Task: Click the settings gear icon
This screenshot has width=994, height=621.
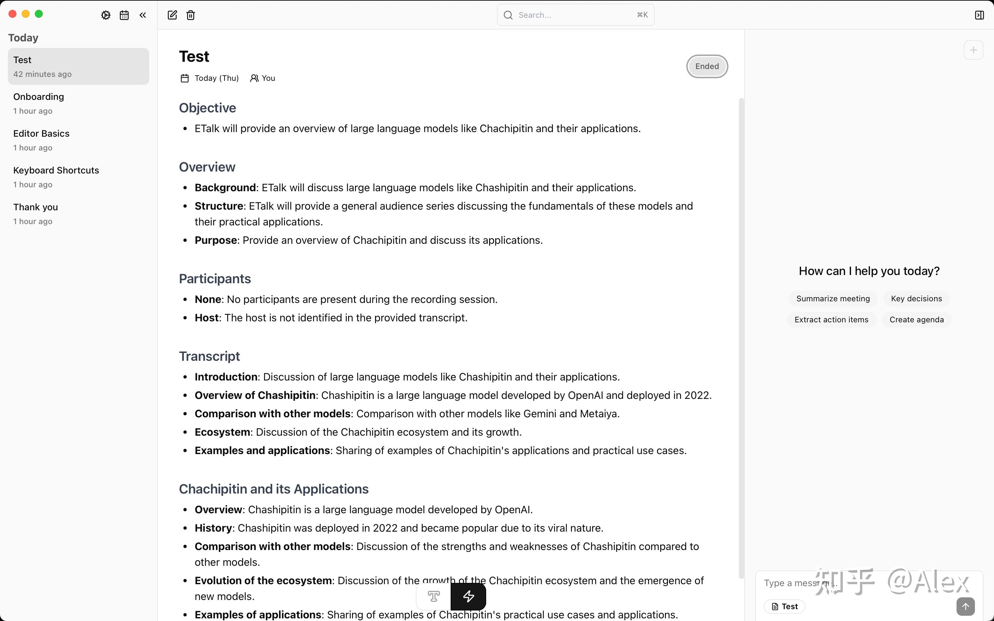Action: (106, 15)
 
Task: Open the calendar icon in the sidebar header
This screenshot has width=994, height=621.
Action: (124, 15)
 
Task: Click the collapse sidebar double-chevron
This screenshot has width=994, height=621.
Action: (143, 15)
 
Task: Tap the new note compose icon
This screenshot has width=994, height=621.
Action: (172, 15)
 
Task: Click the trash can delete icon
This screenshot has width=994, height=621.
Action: (191, 15)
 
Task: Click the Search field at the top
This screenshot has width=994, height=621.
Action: (575, 15)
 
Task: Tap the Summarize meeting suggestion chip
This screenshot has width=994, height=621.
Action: (833, 299)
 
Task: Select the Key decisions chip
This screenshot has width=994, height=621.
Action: (916, 299)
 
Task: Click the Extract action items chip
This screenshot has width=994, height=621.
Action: (831, 319)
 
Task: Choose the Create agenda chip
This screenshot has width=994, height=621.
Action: (916, 319)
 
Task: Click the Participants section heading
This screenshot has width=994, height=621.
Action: (215, 279)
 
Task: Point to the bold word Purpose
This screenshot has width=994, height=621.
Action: (216, 240)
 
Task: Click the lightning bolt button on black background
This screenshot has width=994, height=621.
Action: (468, 596)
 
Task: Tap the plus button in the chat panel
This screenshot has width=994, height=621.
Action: (973, 50)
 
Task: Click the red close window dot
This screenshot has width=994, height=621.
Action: (12, 14)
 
